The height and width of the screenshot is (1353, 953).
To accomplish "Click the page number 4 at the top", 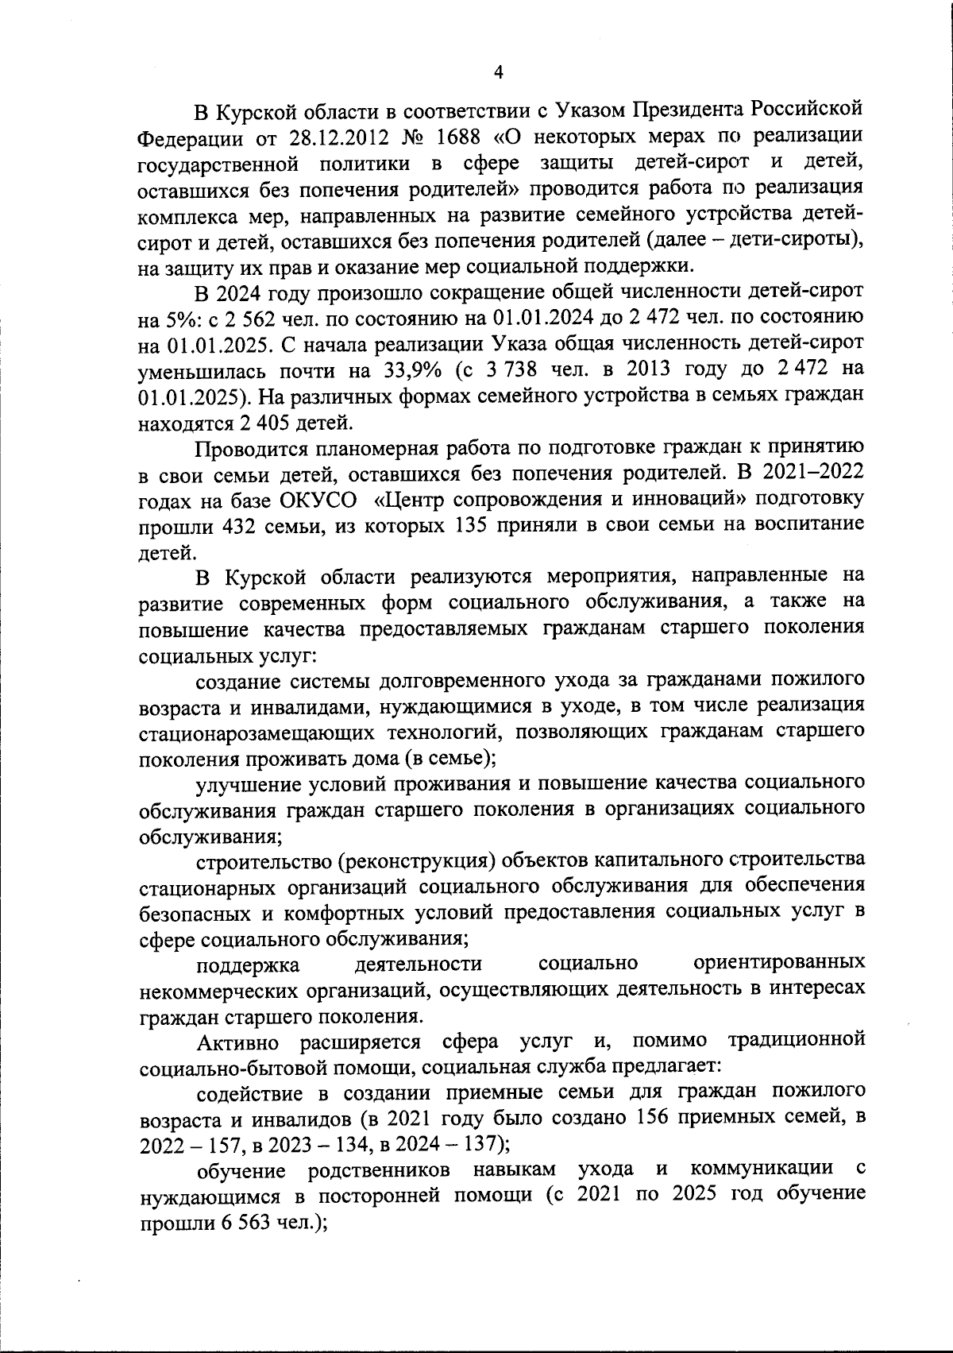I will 498,73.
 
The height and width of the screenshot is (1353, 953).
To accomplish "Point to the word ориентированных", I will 778,964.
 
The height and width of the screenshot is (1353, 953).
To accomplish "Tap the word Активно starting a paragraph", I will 236,1041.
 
